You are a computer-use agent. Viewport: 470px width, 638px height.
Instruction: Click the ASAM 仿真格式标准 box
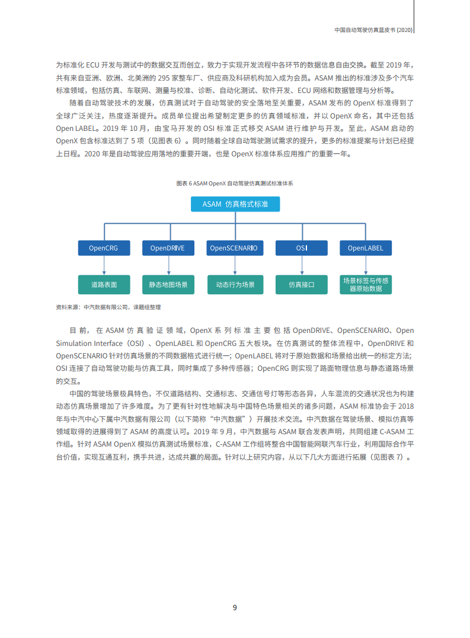tap(235, 204)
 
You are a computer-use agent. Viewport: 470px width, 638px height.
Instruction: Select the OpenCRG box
tap(104, 248)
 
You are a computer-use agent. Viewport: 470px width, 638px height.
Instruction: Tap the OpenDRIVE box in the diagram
tap(168, 248)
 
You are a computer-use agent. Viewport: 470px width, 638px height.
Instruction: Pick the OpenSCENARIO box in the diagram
tap(234, 248)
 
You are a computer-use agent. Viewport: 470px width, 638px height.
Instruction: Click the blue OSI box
tap(301, 248)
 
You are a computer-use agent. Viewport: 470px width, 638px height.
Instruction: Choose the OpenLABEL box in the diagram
tap(365, 248)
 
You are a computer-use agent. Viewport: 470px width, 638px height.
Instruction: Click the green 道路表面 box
tap(104, 284)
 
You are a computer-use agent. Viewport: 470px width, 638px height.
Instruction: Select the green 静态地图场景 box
tap(168, 284)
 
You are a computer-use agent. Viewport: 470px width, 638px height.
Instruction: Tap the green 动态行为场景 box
tap(234, 284)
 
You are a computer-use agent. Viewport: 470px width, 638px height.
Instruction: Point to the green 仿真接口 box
tap(301, 284)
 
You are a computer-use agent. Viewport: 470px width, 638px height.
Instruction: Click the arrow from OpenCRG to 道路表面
tap(104, 265)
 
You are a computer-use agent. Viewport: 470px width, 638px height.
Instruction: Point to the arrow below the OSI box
tap(301, 265)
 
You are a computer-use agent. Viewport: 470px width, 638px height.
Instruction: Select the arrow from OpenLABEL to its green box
tap(365, 265)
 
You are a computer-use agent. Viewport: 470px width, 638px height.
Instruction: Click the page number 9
tap(235, 608)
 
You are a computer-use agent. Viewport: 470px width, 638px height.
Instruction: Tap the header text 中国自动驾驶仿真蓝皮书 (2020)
tap(373, 29)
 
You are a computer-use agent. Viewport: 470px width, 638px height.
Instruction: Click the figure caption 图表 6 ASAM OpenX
tap(235, 184)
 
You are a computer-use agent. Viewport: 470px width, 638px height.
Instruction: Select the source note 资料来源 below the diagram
tap(108, 307)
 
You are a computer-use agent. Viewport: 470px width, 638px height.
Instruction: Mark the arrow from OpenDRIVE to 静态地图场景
tap(168, 265)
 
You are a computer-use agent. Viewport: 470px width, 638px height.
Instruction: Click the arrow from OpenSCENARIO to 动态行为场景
tap(234, 265)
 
